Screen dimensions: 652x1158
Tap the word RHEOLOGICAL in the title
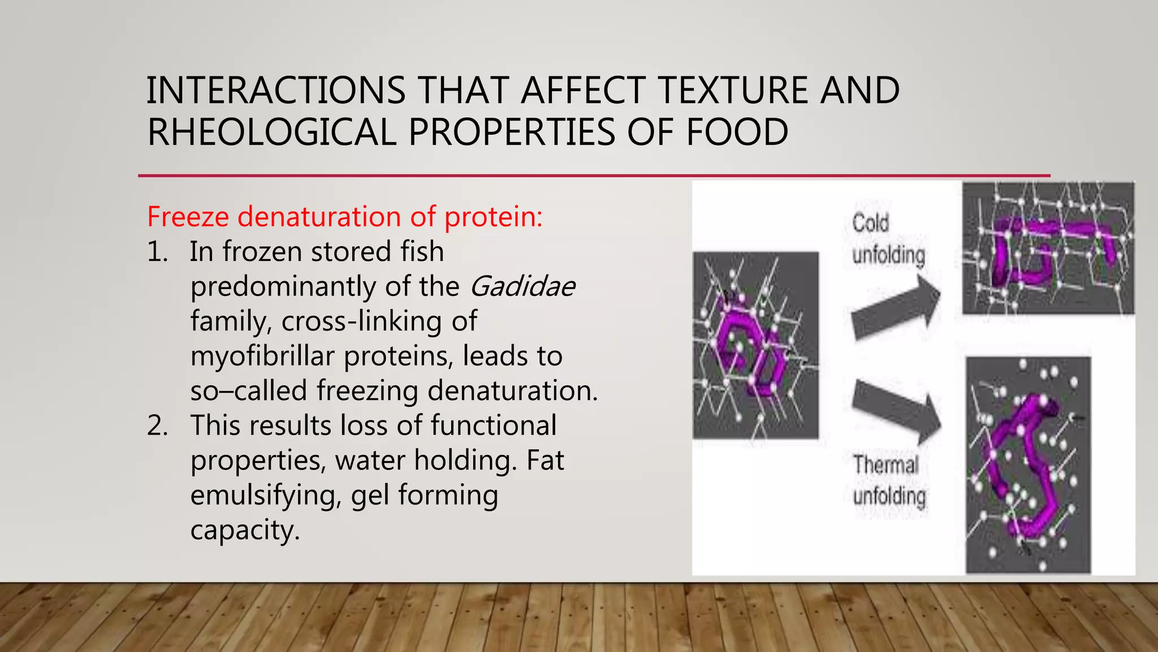[271, 132]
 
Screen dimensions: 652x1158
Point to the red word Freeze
[188, 217]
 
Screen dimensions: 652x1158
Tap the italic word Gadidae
[522, 286]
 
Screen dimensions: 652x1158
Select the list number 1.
[157, 252]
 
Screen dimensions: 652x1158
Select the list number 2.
[157, 426]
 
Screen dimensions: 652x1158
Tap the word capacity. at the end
[244, 530]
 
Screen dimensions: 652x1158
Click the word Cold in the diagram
[871, 222]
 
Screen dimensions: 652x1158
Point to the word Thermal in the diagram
[885, 465]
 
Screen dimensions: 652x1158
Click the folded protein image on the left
[755, 346]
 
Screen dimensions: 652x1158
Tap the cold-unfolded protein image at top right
[1048, 248]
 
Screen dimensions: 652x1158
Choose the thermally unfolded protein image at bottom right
[1028, 465]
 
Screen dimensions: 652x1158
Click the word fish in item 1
[422, 252]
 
